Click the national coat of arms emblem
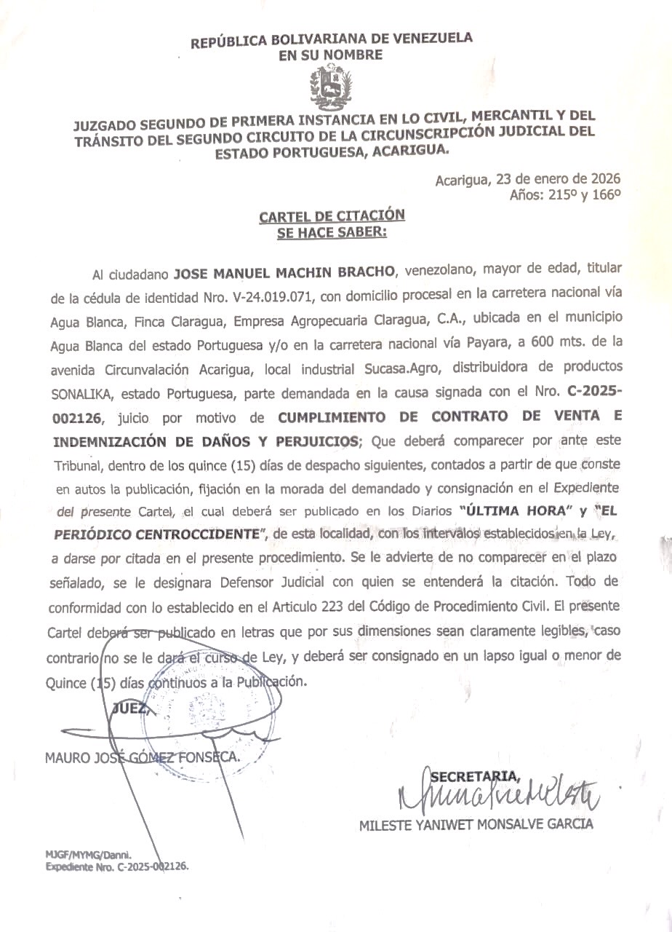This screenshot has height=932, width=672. click(x=332, y=87)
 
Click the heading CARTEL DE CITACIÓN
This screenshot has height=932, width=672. click(x=332, y=216)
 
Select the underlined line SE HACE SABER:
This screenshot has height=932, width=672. click(x=332, y=232)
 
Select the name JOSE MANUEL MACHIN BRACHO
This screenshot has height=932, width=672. click(x=284, y=273)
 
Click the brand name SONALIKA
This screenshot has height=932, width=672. click(x=80, y=395)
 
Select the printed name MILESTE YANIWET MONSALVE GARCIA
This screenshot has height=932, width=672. click(x=476, y=825)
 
